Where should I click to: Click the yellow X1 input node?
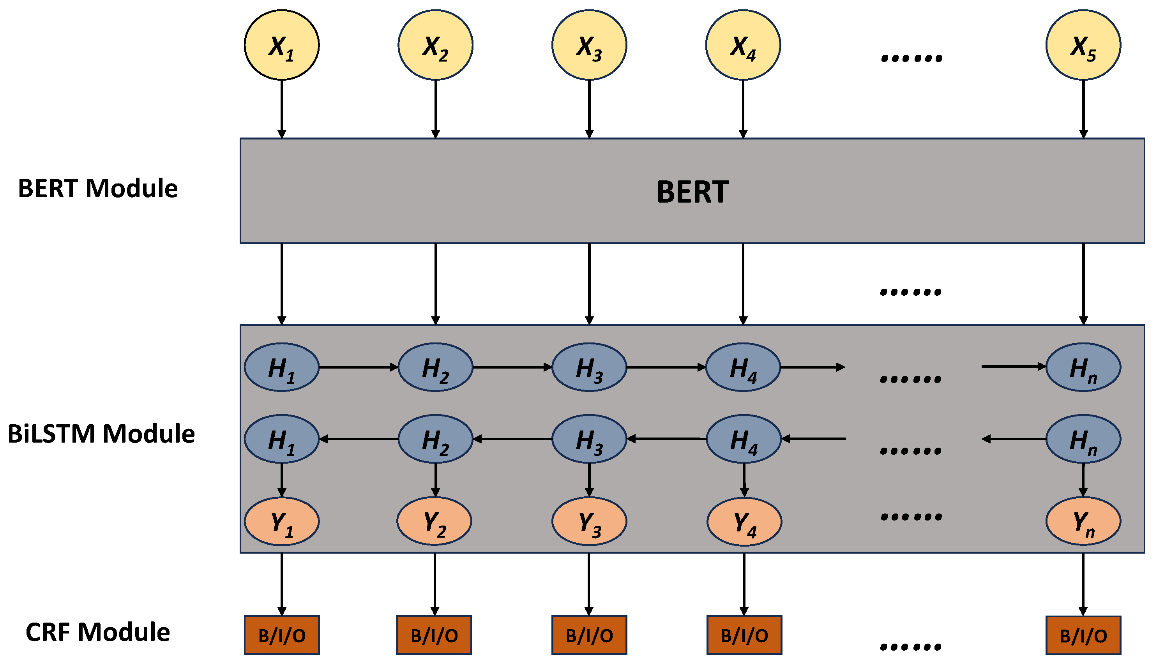[x=281, y=45]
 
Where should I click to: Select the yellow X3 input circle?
[x=589, y=45]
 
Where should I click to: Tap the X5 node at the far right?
[x=1083, y=45]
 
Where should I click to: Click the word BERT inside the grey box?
[x=692, y=191]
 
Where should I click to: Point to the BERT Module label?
[x=97, y=188]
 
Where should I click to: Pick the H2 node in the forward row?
[x=435, y=367]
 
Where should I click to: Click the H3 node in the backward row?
[x=589, y=439]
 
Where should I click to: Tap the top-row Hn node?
[x=1083, y=367]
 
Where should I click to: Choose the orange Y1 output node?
[x=281, y=521]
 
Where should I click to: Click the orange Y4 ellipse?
[x=744, y=521]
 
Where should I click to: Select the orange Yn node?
[x=1083, y=521]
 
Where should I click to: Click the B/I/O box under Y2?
[x=434, y=635]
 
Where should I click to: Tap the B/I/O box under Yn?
[x=1083, y=635]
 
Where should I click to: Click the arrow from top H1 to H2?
[x=357, y=367]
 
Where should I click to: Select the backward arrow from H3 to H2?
[x=512, y=439]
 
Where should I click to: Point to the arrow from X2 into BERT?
[x=435, y=108]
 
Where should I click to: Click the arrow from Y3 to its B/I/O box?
[x=589, y=584]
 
